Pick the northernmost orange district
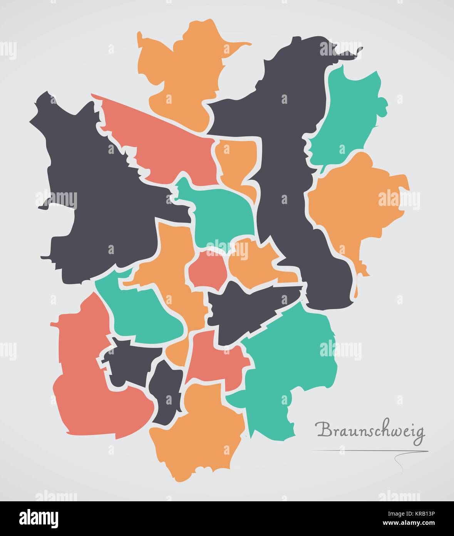click(x=185, y=73)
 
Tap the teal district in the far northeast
click(x=347, y=116)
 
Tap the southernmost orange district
click(x=196, y=432)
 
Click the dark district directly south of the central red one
click(x=246, y=312)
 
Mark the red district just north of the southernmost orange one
click(x=216, y=359)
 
